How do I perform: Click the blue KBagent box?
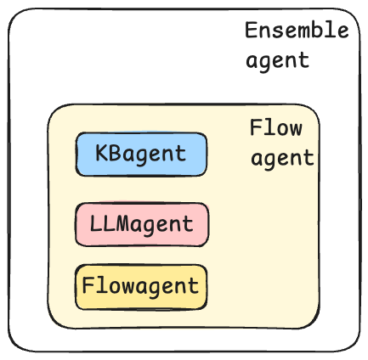[x=141, y=155]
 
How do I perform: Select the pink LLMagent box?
[x=142, y=224]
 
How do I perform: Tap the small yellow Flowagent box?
[x=141, y=287]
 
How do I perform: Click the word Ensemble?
[x=297, y=30]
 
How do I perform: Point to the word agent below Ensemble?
[x=277, y=61]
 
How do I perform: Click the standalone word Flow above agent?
[x=276, y=127]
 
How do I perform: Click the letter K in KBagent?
[x=101, y=153]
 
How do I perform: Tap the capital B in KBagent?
[x=114, y=153]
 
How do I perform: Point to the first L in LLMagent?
[x=96, y=223]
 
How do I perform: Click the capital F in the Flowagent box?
[x=88, y=285]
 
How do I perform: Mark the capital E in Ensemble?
[x=251, y=30]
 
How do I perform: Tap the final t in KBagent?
[x=181, y=154]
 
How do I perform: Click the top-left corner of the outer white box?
[x=9, y=9]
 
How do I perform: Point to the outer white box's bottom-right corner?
[x=360, y=351]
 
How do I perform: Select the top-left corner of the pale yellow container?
[x=48, y=105]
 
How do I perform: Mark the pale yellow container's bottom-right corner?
[x=319, y=328]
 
